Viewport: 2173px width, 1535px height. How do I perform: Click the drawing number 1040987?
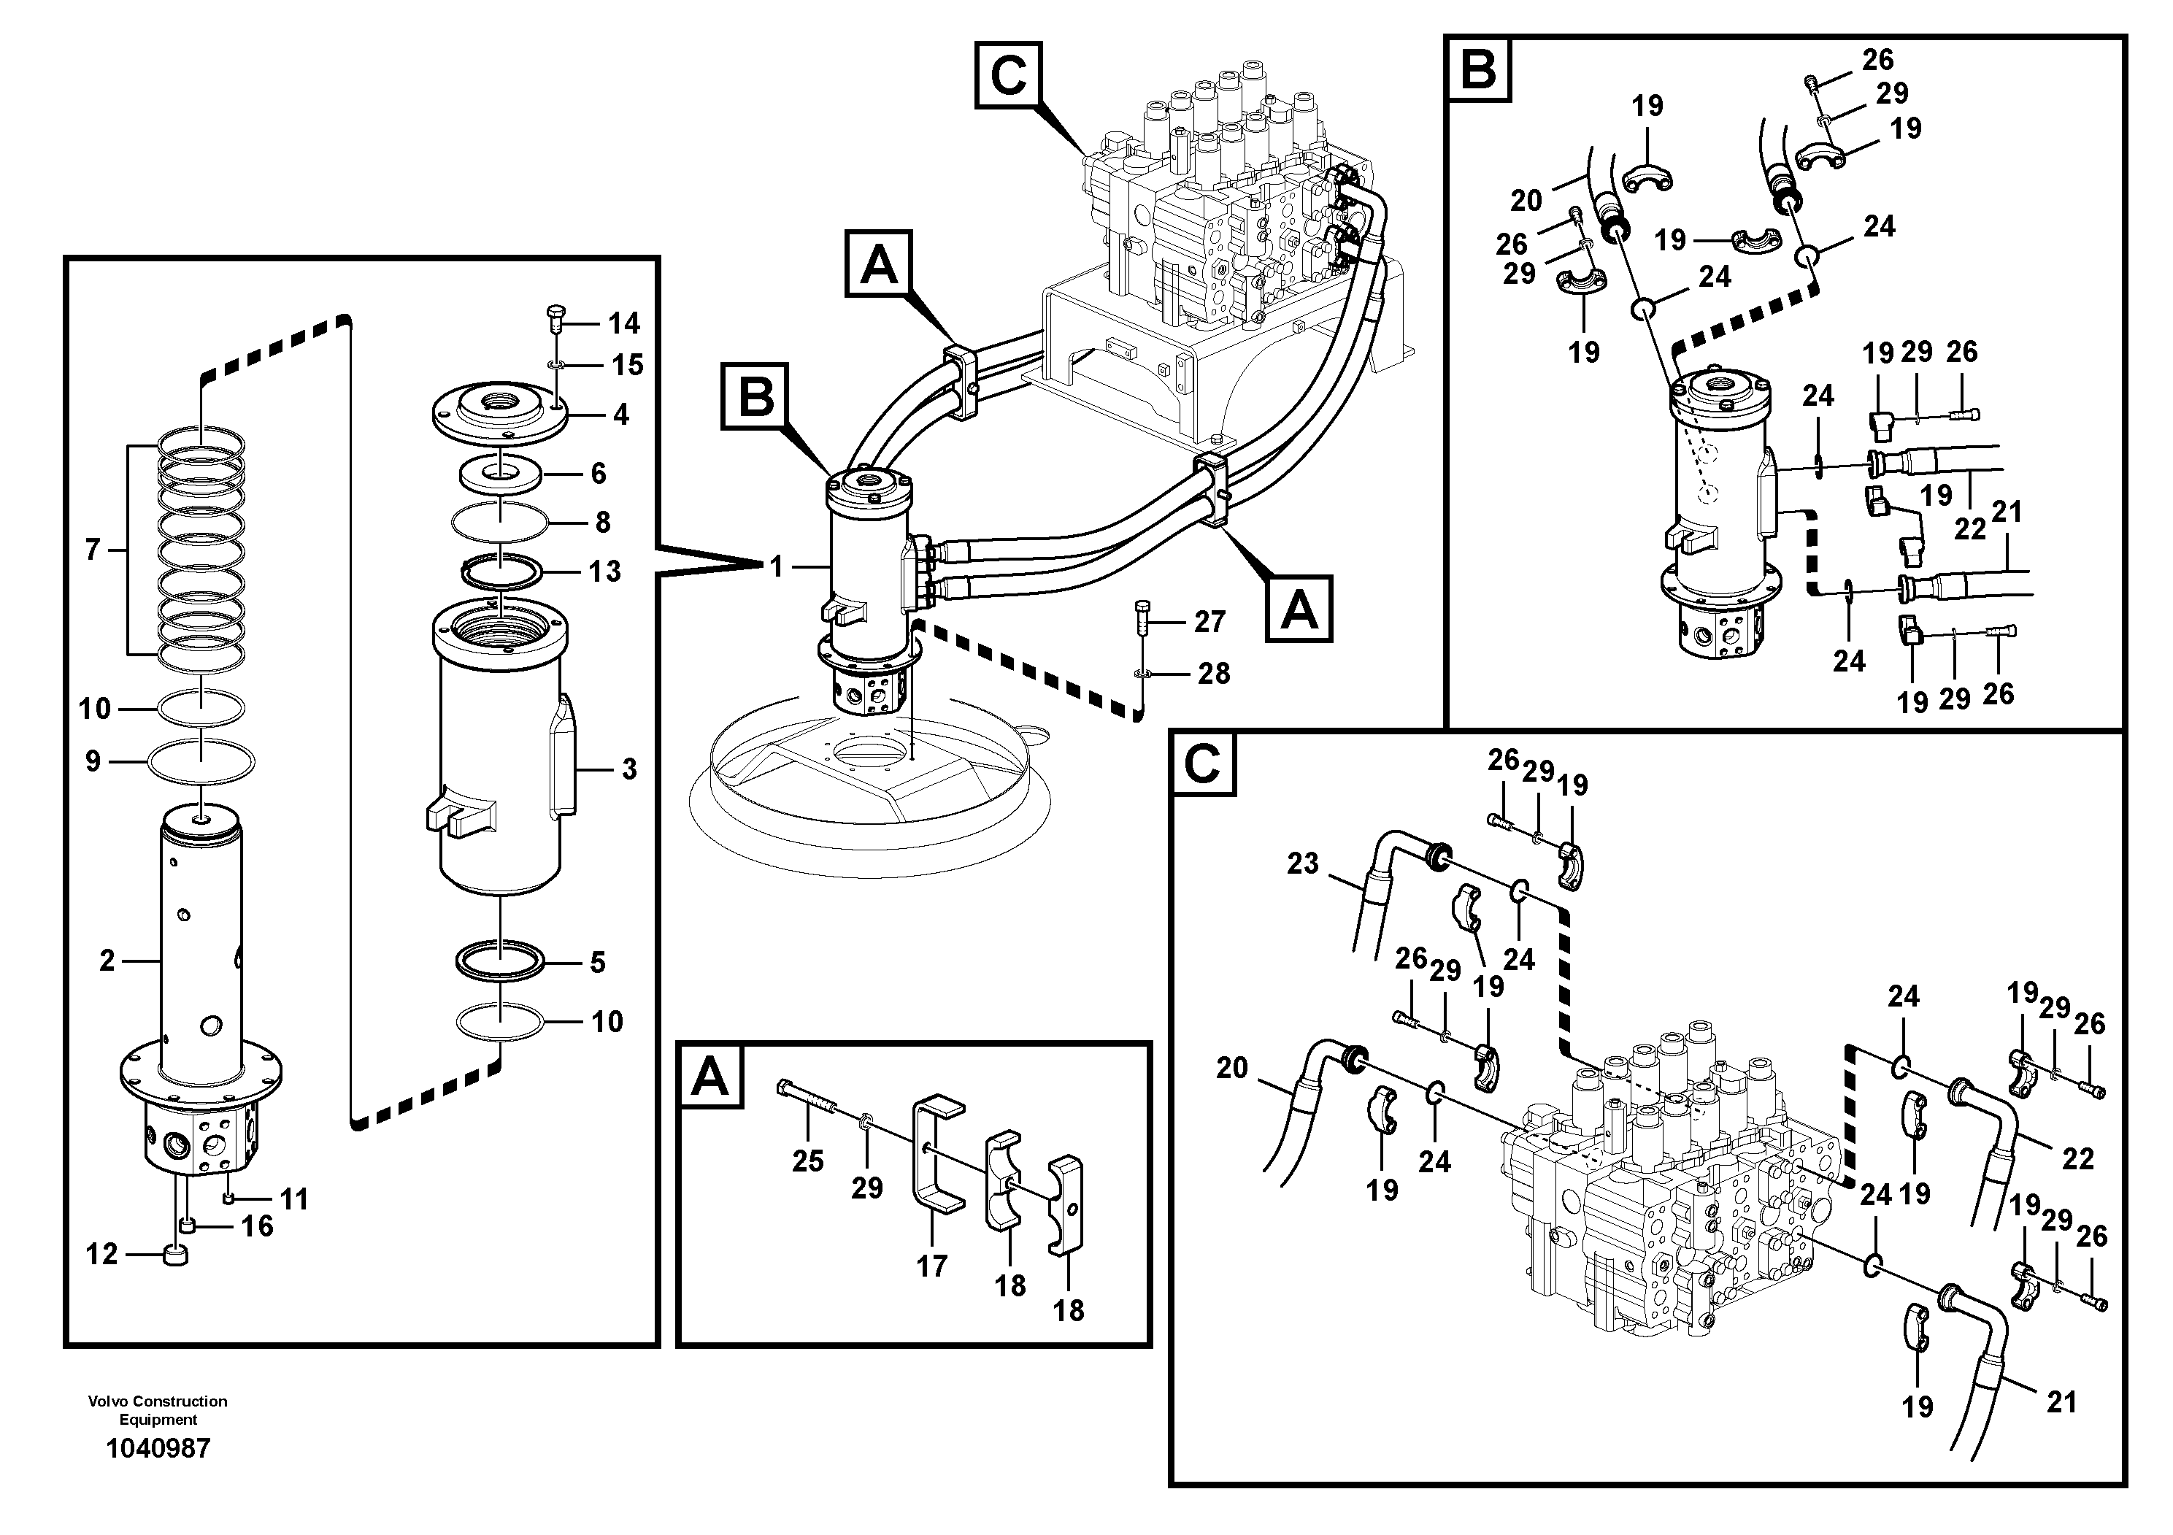(158, 1448)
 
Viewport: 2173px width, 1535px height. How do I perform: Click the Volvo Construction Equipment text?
(158, 1409)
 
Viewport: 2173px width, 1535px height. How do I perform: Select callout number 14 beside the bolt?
(623, 323)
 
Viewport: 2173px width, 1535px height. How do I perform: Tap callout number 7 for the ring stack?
(93, 549)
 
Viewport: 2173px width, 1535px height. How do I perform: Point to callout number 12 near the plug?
(102, 1254)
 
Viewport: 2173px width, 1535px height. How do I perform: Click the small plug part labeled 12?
(176, 1255)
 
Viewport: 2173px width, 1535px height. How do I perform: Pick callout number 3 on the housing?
(629, 769)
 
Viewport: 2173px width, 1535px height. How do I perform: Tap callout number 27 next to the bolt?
(1209, 622)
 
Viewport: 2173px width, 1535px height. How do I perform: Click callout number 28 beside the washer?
(1213, 674)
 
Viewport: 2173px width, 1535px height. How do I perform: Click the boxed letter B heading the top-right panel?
(1478, 69)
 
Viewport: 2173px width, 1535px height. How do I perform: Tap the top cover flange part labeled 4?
(499, 409)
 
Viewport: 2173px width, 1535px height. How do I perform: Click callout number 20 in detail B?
(1526, 201)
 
